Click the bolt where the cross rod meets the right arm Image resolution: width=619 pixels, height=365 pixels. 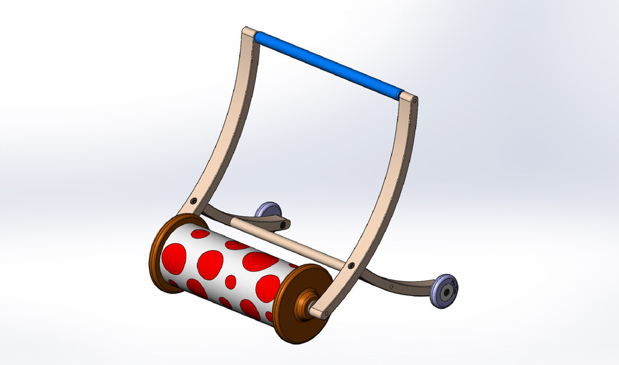coord(350,265)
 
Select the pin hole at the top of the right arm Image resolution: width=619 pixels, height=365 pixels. coord(415,101)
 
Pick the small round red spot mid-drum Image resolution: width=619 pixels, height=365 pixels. coord(230,282)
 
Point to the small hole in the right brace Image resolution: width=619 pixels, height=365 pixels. coord(391,285)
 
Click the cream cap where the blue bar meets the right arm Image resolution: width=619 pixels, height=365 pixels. coord(408,96)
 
